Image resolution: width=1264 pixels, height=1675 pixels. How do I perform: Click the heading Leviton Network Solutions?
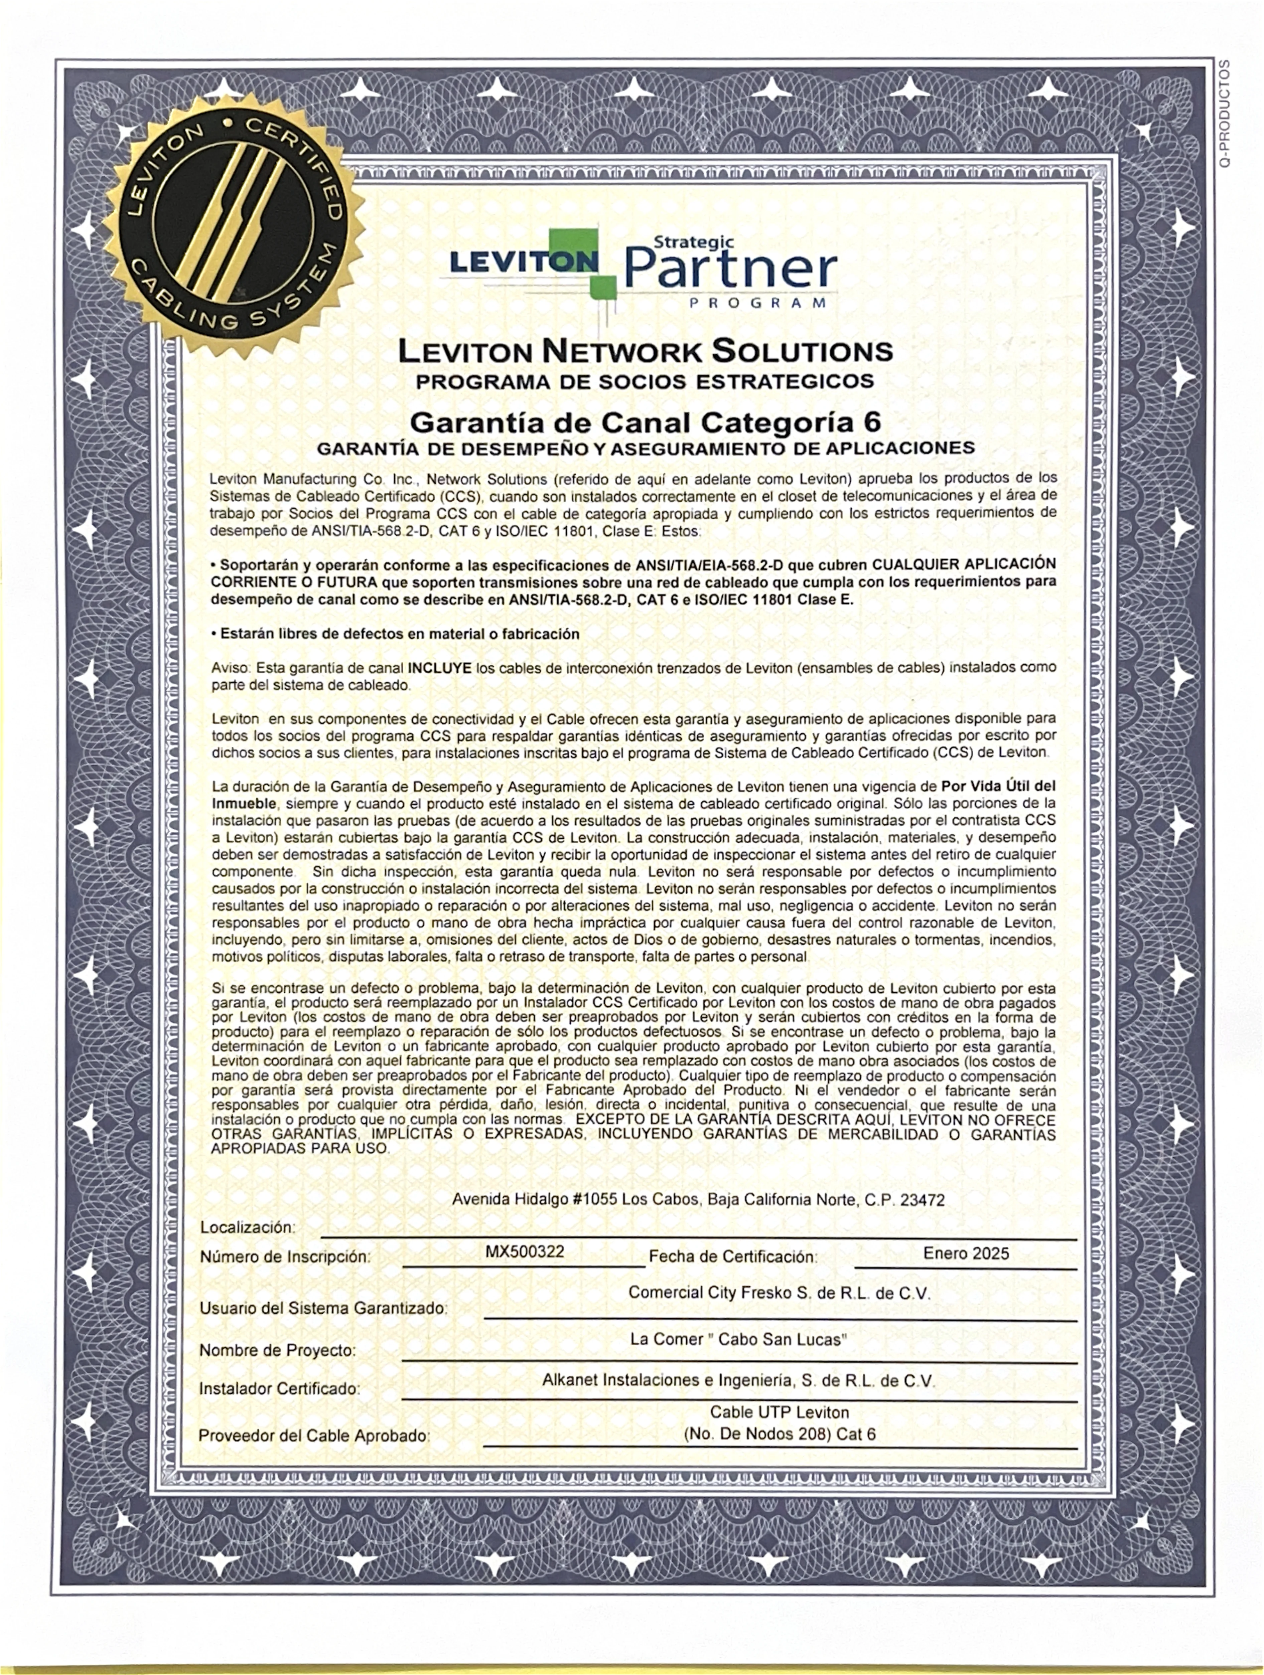(645, 351)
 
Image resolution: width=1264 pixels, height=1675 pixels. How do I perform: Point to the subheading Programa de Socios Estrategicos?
(645, 381)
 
